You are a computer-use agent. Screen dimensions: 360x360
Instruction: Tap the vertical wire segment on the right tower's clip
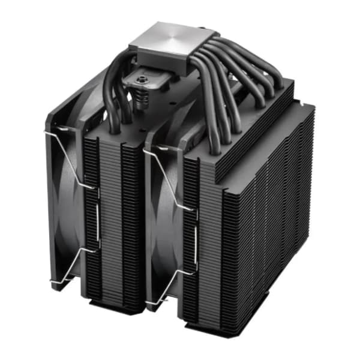point(195,240)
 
